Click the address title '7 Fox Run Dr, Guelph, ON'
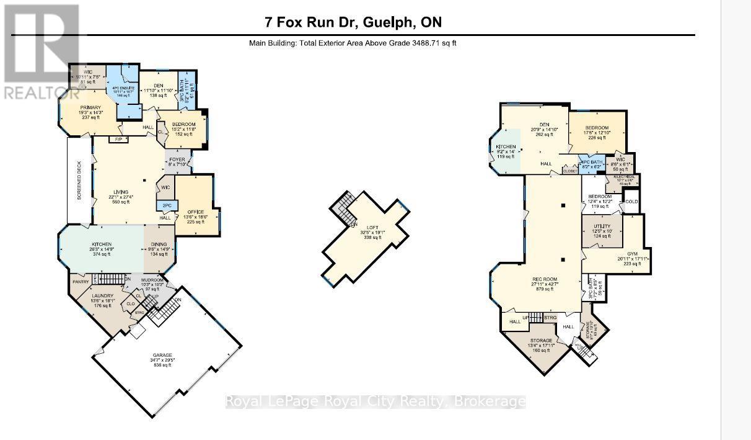point(353,23)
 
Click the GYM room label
point(631,254)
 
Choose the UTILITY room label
point(601,227)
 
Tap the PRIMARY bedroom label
point(90,107)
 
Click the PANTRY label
point(81,282)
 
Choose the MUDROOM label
point(152,281)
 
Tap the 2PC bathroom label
point(166,205)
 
